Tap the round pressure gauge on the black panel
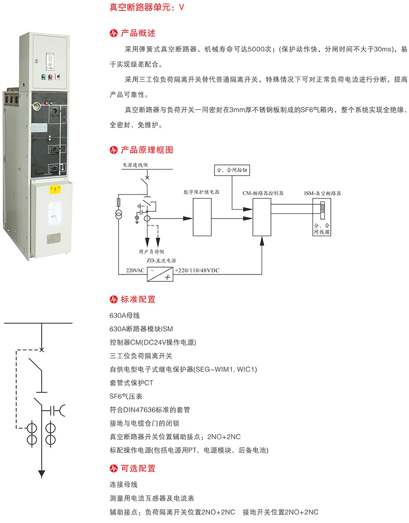(x=35, y=105)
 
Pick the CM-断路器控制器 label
(x=263, y=192)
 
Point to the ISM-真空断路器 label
(x=323, y=192)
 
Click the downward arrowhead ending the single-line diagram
(x=42, y=473)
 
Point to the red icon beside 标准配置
(x=114, y=299)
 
